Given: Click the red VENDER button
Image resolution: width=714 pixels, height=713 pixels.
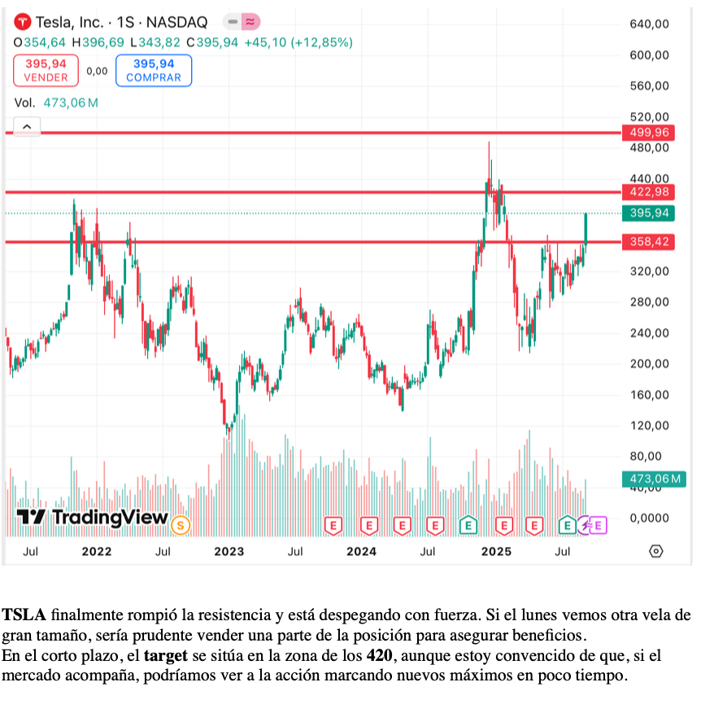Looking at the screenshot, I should (46, 70).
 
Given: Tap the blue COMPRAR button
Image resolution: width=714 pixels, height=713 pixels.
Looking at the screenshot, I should (154, 70).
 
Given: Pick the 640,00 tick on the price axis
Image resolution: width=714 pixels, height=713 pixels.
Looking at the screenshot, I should (649, 24).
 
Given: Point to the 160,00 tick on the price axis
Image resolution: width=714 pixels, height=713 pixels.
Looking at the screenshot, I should (649, 395).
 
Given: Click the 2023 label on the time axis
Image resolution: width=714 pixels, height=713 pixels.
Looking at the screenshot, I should (229, 552).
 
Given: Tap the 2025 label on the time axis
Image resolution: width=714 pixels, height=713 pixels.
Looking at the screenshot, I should (496, 552).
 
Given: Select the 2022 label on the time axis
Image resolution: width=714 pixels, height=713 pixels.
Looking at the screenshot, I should (97, 552).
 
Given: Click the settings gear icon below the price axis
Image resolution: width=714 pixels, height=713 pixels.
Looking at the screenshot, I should (656, 551).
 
